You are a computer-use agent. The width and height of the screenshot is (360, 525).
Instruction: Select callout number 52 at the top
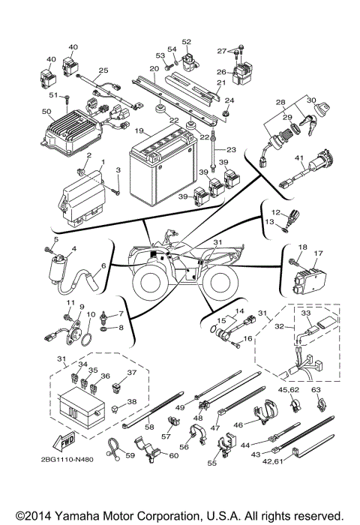click(x=186, y=42)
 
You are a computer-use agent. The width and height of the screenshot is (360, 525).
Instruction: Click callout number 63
click(x=316, y=389)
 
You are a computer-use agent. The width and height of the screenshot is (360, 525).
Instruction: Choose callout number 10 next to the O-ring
click(x=91, y=315)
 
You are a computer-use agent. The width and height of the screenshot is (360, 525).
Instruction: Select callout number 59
click(x=129, y=454)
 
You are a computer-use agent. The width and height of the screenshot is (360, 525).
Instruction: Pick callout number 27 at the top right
click(x=221, y=50)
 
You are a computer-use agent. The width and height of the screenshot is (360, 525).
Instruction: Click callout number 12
click(x=275, y=212)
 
